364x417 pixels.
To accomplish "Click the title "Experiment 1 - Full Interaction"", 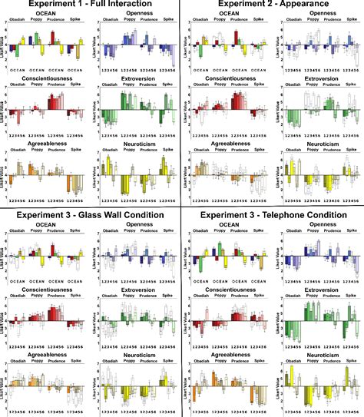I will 89,5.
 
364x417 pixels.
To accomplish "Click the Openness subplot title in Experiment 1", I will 135,15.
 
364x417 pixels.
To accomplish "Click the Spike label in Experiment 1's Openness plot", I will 167,22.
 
